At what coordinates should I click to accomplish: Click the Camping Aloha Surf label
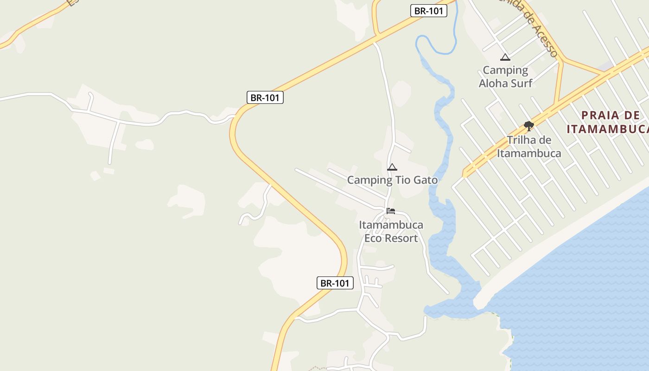(505, 77)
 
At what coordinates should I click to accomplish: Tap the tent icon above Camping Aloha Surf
(505, 58)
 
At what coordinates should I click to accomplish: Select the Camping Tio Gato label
(392, 180)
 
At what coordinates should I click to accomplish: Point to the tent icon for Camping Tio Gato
(392, 167)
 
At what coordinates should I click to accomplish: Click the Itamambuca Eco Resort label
(391, 231)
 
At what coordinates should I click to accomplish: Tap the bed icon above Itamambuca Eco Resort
(391, 211)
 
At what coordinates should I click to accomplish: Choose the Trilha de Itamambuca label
(529, 147)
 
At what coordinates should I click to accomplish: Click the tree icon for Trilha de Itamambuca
(528, 126)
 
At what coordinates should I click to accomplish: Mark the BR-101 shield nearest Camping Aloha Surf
(428, 11)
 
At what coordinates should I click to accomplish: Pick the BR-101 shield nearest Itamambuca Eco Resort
(335, 283)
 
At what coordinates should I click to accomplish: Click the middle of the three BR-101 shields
(265, 97)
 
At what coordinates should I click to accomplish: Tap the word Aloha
(496, 83)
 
